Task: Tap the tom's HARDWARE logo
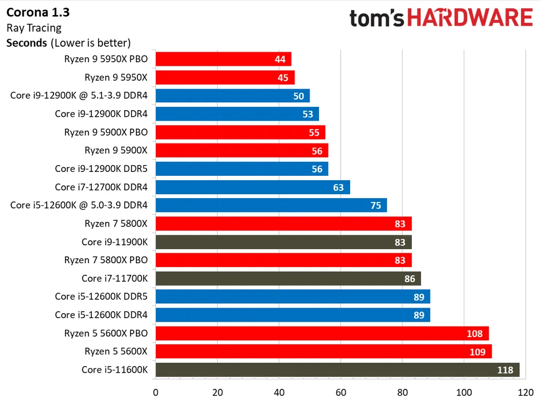point(441,18)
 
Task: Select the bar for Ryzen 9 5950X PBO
point(223,59)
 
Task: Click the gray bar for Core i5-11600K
point(337,370)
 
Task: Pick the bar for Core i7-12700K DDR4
point(253,187)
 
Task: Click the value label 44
point(280,59)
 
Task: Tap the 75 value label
point(376,205)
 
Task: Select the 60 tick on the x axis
point(341,392)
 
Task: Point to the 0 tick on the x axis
point(156,392)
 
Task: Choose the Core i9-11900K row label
point(115,242)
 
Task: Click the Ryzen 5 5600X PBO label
point(106,333)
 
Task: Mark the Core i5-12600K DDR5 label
point(101,297)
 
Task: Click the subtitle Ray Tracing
point(33,27)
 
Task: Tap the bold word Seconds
point(26,43)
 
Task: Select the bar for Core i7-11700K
point(288,279)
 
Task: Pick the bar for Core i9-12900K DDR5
point(242,169)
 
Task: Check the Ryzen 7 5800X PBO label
point(106,260)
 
